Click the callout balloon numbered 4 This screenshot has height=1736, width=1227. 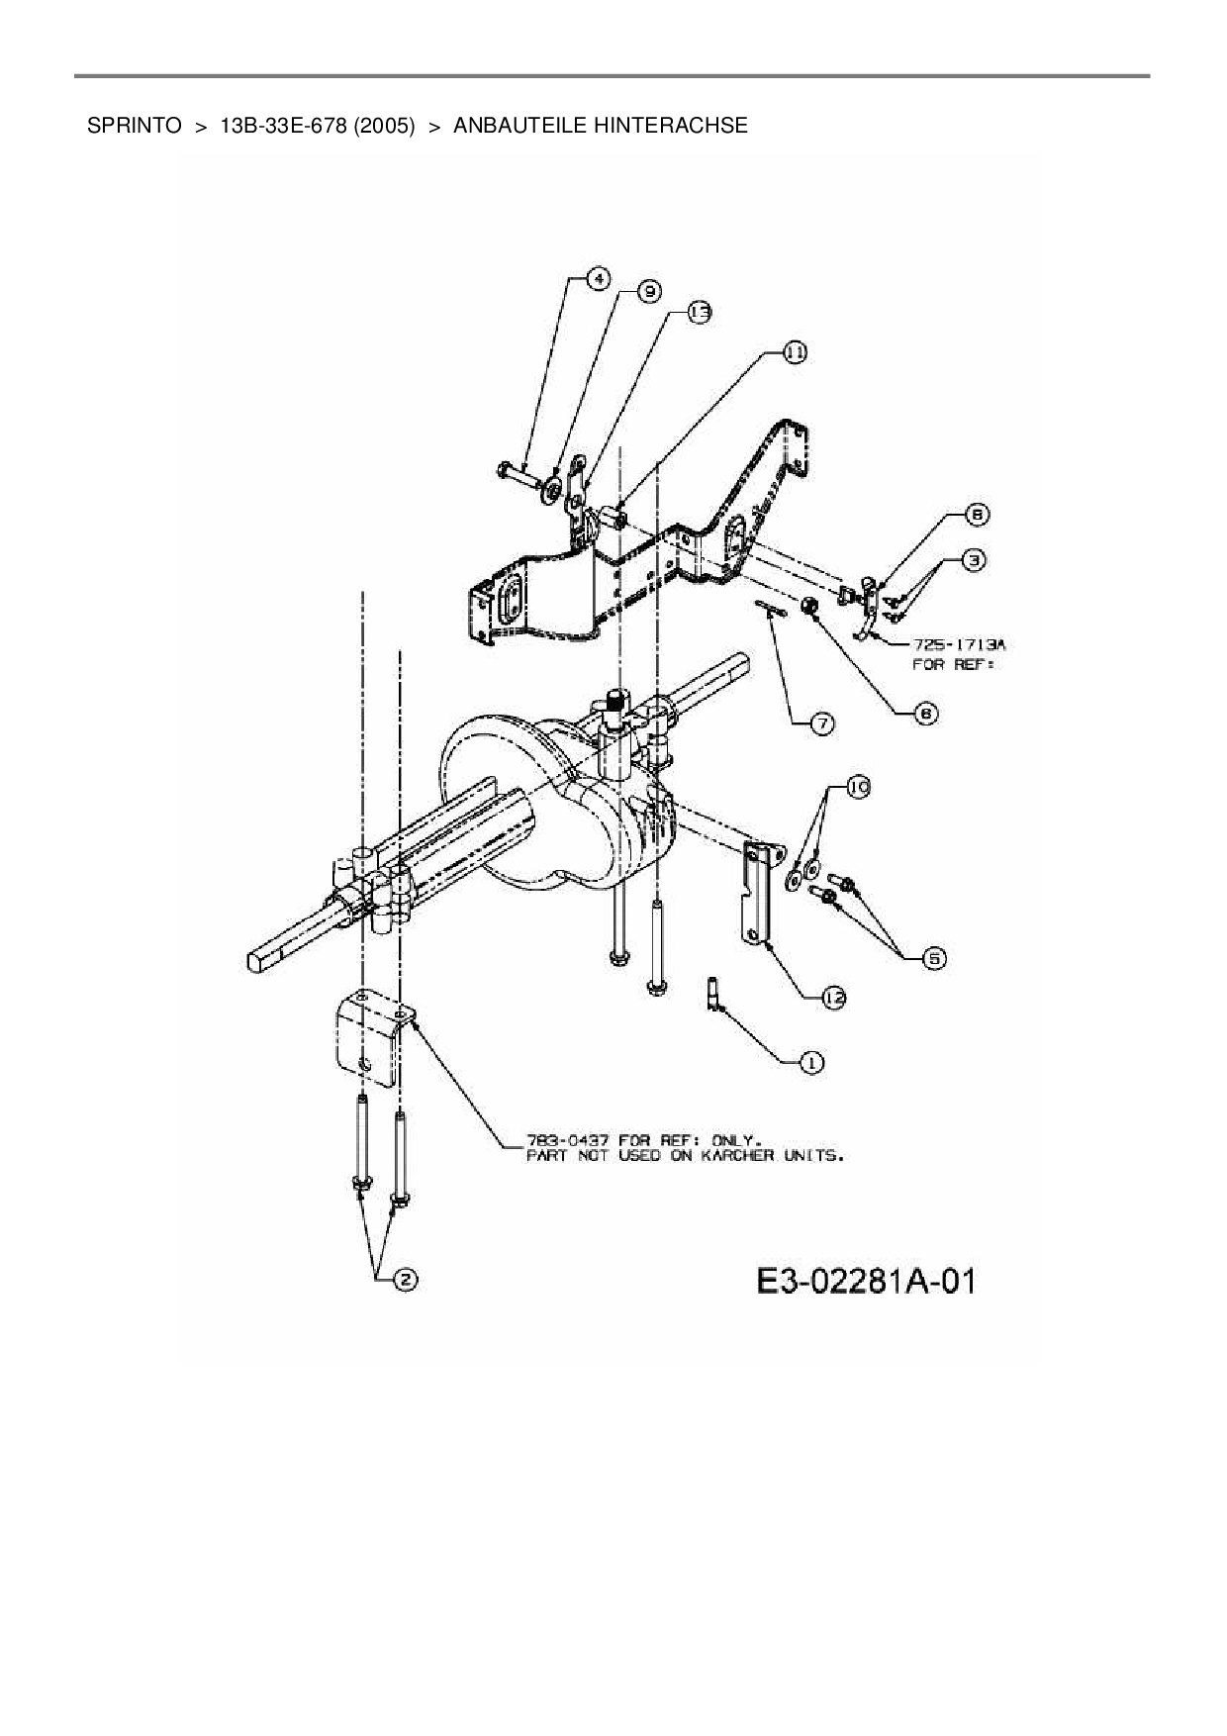click(597, 279)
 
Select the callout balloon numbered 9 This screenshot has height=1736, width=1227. click(648, 291)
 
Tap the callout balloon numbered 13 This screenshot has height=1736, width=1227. click(699, 312)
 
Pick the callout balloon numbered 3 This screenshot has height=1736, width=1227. click(974, 560)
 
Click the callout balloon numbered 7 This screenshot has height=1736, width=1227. click(822, 723)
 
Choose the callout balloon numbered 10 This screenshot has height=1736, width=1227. click(856, 787)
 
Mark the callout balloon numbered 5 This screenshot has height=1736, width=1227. click(933, 957)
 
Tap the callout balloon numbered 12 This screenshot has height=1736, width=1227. click(833, 998)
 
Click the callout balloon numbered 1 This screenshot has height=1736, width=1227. click(810, 1062)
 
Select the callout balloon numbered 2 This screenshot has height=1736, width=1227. click(404, 1280)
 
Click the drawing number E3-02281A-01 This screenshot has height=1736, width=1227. click(866, 1282)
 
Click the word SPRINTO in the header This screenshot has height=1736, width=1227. click(134, 126)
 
